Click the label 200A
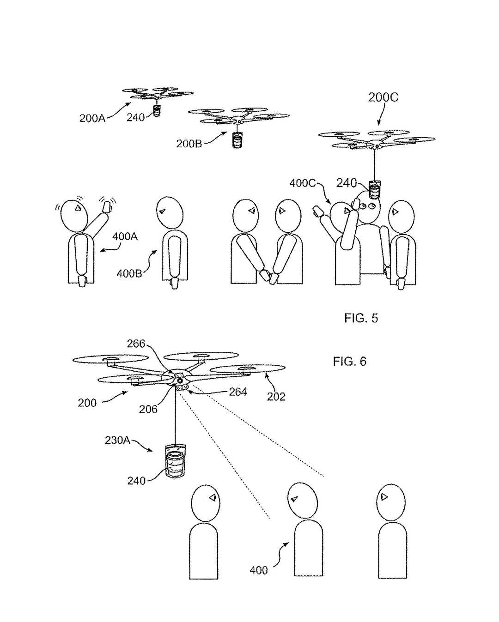pos(92,118)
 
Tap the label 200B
pos(189,144)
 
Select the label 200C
pos(383,97)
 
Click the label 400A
pos(125,237)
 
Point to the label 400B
pos(129,273)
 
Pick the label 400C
pos(303,183)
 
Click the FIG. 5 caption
pos(361,318)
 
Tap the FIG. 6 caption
pos(350,362)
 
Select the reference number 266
pos(136,344)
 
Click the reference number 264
pos(238,392)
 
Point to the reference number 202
pos(276,397)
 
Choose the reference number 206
pos(148,409)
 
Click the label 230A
pos(117,440)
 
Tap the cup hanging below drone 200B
pos(237,140)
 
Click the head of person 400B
pos(170,213)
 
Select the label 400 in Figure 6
pos(259,570)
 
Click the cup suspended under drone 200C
pos(374,190)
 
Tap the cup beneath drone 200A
pos(157,111)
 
